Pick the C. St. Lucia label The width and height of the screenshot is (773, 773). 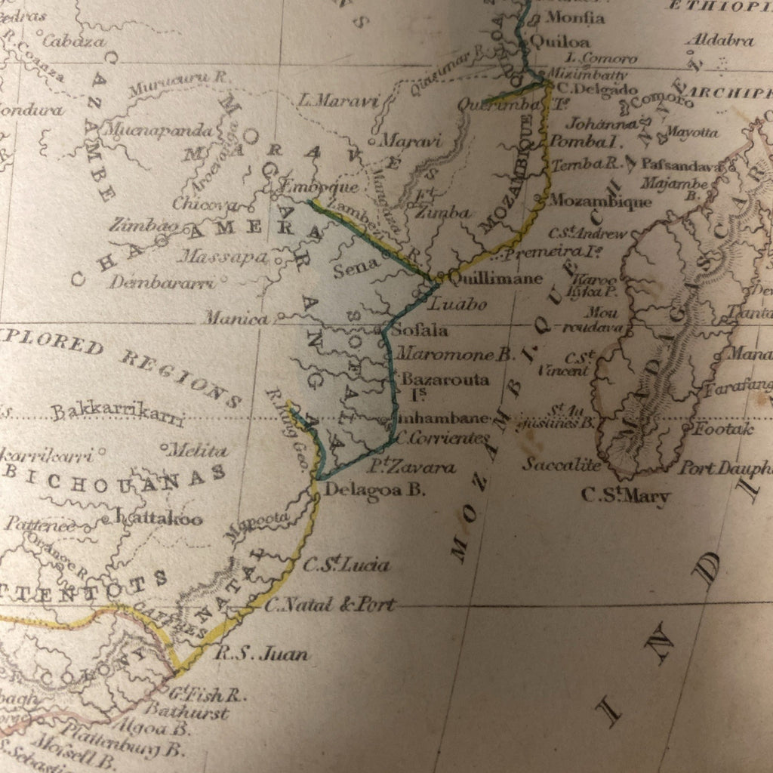346,565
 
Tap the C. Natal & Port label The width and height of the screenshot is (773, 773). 330,604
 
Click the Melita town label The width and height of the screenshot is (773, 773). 197,451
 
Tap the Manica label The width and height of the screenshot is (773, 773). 236,319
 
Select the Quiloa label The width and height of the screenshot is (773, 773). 559,42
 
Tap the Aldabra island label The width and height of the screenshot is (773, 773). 719,40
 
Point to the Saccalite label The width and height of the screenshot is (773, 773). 562,464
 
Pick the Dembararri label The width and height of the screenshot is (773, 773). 161,283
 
